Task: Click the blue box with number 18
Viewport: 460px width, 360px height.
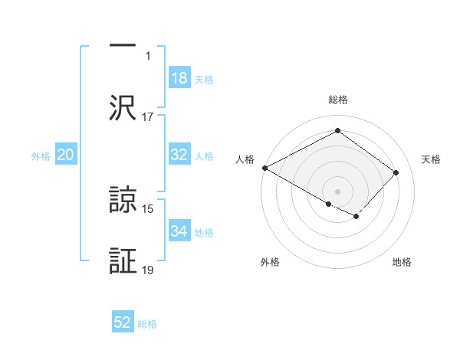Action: [179, 78]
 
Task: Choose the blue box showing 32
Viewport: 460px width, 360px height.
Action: [179, 155]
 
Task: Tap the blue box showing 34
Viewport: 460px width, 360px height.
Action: [179, 231]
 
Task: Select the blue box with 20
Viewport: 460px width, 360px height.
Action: [66, 155]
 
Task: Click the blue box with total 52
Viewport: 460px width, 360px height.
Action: [123, 322]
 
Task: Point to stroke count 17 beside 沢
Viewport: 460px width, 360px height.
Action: [148, 117]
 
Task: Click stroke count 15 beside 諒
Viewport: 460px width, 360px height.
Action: [148, 208]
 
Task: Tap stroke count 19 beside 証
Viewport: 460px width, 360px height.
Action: [148, 270]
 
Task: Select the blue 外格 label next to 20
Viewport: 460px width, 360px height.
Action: [41, 156]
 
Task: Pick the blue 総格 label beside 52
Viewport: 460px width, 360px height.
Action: [147, 324]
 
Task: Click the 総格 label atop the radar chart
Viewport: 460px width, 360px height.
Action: [338, 100]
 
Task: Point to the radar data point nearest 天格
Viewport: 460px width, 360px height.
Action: [396, 172]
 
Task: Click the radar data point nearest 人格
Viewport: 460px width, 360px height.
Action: [264, 168]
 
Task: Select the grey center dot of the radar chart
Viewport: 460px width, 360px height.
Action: [337, 191]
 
